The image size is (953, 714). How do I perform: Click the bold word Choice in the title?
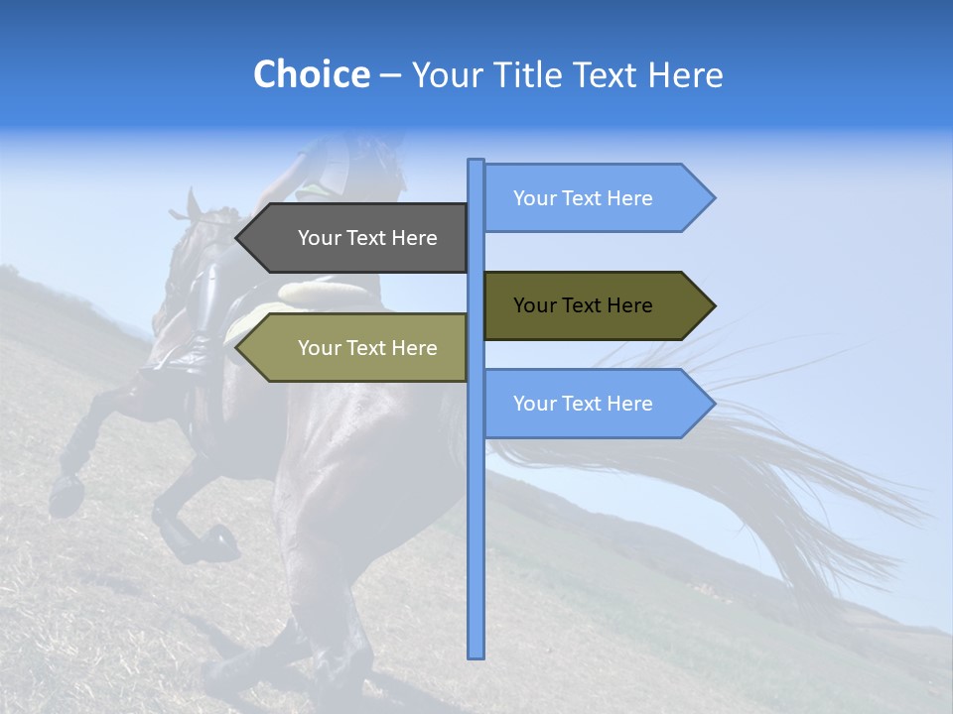(311, 74)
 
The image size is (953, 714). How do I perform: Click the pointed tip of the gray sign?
(238, 238)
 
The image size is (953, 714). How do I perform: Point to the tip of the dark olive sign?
(713, 305)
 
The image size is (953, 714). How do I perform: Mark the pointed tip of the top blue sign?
(713, 198)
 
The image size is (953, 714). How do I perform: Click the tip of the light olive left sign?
(238, 348)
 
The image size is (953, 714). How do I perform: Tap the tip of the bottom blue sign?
(713, 404)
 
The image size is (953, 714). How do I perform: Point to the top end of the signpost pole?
(476, 162)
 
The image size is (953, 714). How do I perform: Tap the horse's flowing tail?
(754, 476)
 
